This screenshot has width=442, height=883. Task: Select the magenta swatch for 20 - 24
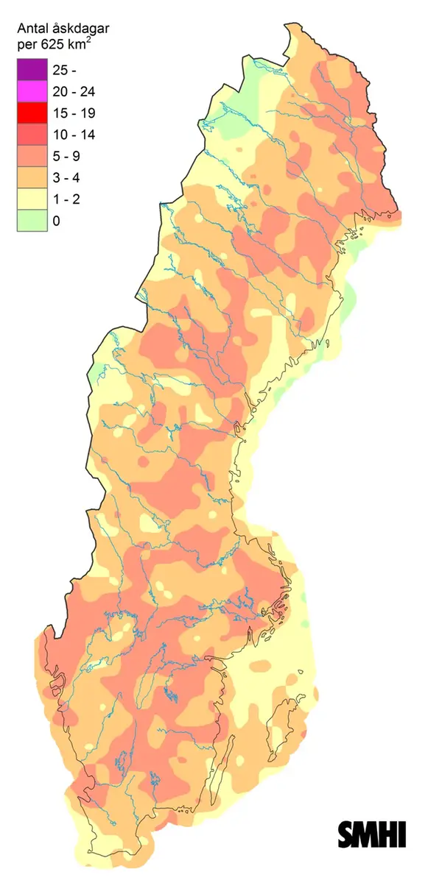pos(31,91)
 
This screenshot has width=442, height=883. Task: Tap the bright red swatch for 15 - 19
pos(31,113)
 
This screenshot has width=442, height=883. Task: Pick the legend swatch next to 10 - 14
pos(31,135)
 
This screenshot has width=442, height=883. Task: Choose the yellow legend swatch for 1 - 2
pos(31,199)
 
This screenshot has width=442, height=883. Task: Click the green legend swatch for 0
pos(31,221)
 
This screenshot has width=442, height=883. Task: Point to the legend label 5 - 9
pos(68,156)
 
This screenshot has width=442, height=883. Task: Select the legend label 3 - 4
pos(68,178)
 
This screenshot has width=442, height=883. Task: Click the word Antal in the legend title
pos(32,29)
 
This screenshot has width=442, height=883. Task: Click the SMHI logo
pos(372,834)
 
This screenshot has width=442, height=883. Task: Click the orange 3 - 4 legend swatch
pos(31,178)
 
